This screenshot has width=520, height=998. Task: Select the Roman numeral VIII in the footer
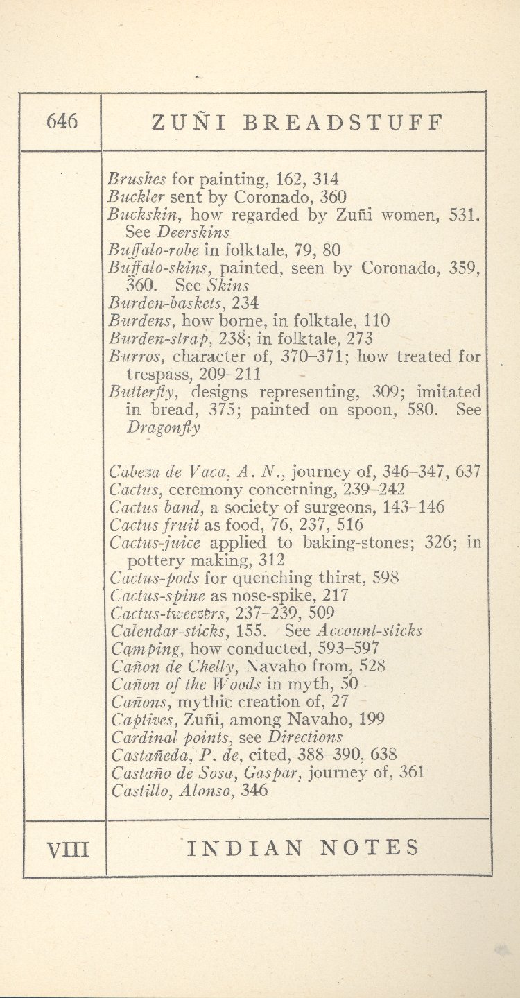click(x=67, y=848)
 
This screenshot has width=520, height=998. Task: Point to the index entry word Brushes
click(x=137, y=179)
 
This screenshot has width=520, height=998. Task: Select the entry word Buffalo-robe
click(x=153, y=250)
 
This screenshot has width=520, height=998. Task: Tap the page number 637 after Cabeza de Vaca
click(x=468, y=472)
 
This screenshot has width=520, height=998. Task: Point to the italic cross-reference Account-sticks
click(x=370, y=631)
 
